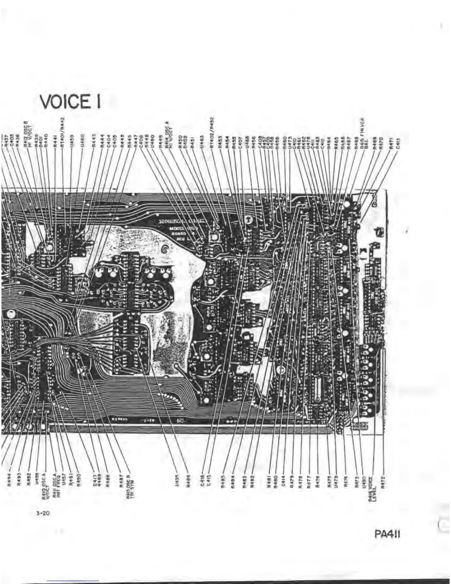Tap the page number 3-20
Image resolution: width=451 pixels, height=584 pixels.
pyautogui.click(x=43, y=513)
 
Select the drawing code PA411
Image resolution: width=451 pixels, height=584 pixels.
pyautogui.click(x=387, y=534)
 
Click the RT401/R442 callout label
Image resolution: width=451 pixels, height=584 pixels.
pyautogui.click(x=63, y=136)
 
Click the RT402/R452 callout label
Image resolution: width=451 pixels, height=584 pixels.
pyautogui.click(x=212, y=132)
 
